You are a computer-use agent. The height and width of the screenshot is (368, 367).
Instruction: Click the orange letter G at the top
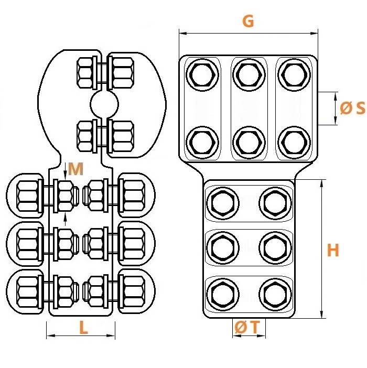248,21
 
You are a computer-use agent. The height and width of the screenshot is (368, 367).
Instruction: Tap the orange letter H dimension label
333,250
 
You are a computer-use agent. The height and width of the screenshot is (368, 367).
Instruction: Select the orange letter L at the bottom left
83,328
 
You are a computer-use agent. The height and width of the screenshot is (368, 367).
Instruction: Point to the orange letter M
76,169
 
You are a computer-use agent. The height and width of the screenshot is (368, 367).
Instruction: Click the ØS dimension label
352,108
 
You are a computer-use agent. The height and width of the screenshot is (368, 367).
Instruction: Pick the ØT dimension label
247,327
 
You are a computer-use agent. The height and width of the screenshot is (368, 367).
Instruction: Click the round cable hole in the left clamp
104,104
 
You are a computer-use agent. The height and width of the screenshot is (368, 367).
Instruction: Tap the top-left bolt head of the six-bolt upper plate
202,75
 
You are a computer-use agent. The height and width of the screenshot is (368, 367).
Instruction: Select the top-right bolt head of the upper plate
294,75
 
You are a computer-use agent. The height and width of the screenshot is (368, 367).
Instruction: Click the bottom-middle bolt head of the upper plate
249,143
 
